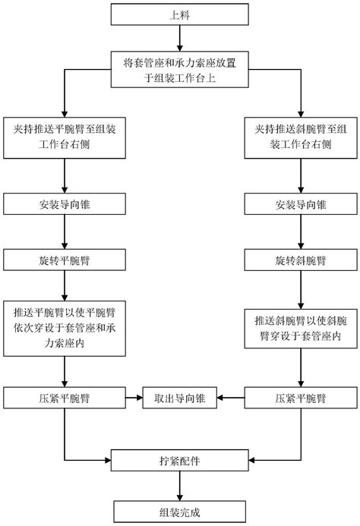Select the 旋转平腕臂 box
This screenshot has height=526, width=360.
(65, 260)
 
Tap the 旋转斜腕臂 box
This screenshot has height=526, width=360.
(299, 260)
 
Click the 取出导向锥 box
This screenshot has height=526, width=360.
(179, 397)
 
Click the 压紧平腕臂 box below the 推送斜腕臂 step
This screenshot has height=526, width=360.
(299, 397)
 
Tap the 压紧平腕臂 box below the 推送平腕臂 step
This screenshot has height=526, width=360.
(65, 397)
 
